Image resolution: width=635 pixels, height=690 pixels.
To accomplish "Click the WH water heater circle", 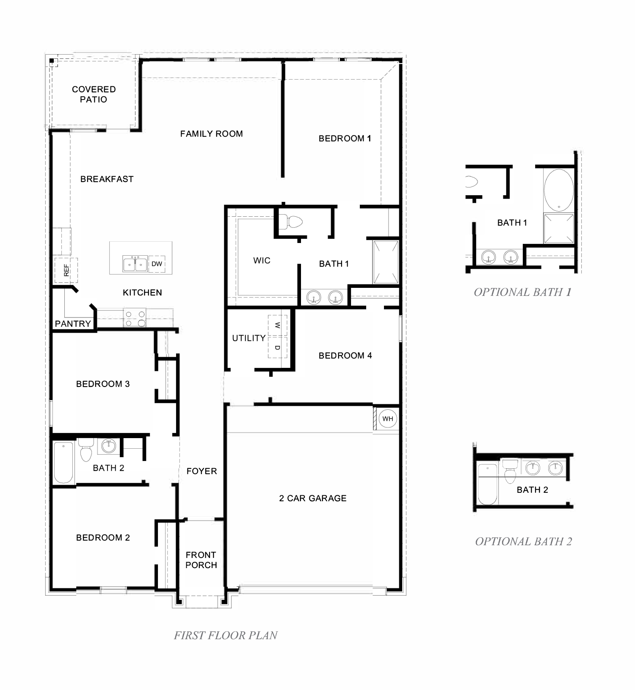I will (x=388, y=419).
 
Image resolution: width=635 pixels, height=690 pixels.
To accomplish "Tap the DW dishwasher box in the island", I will (x=157, y=264).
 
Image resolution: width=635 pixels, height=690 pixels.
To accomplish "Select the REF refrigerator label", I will (x=66, y=270).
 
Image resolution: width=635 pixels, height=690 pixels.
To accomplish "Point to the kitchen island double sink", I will (x=135, y=264).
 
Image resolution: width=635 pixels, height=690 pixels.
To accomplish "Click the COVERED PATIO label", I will (x=94, y=94).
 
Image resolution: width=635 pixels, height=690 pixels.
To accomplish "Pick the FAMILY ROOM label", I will (x=211, y=134).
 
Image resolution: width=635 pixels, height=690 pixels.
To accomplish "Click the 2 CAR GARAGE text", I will (x=313, y=498).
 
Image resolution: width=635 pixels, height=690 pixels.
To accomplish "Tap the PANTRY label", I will (x=73, y=324).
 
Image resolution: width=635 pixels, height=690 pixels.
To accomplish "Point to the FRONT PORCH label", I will (x=201, y=560).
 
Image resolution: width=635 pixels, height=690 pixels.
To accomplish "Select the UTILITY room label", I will (x=248, y=338).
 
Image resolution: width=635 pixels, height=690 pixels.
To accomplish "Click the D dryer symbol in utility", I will (x=277, y=348).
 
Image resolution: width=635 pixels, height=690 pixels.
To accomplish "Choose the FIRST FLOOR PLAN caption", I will (x=226, y=635).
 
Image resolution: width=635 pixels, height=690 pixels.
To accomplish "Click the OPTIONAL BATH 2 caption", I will (x=523, y=541).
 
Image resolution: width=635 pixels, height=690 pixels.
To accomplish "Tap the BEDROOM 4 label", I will (x=345, y=356).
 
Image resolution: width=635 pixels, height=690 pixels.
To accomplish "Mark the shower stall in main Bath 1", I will (x=386, y=262).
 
